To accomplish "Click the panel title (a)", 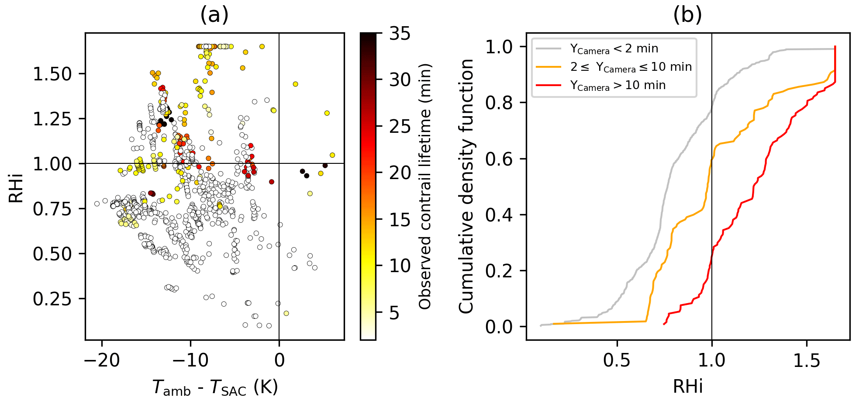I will (214, 15).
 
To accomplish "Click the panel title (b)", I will (687, 15).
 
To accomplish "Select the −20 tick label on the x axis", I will (102, 360).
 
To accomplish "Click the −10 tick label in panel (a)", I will (190, 360).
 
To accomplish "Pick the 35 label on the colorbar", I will (400, 34).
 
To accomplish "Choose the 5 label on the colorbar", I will (394, 313).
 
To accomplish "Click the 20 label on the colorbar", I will (400, 173).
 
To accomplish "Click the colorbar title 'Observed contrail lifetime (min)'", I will (425, 187).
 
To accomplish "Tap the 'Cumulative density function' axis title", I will (466, 187).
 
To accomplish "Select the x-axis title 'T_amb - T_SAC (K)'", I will (215, 387).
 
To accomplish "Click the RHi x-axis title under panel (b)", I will (688, 387).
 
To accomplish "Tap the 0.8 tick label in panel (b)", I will (499, 103).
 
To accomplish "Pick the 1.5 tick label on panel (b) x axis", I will (806, 360).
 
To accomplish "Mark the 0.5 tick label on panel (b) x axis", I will (617, 360).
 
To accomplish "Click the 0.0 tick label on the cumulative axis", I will (499, 327).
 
